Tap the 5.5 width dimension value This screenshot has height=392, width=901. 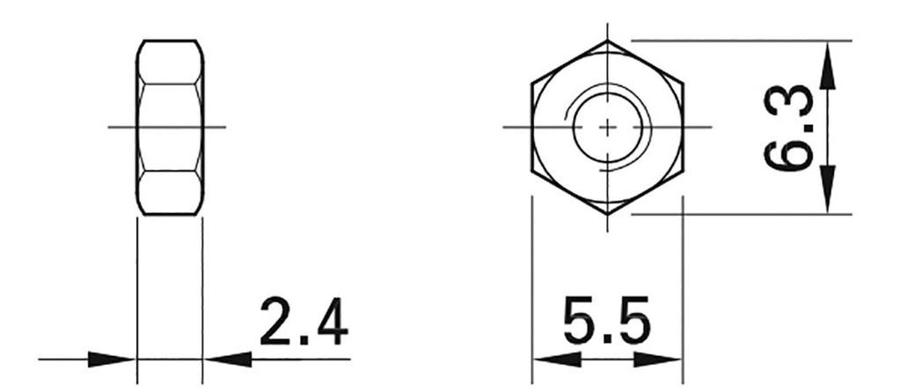(x=607, y=323)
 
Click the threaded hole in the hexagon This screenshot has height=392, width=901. (x=607, y=127)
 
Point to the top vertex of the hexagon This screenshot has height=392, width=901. (x=607, y=41)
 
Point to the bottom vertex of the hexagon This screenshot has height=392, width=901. (x=607, y=213)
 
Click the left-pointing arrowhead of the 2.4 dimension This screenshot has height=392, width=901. (x=227, y=359)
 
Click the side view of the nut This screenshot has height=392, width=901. (x=170, y=127)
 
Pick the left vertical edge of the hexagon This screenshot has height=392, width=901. (x=532, y=127)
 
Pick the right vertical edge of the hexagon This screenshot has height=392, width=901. (x=683, y=127)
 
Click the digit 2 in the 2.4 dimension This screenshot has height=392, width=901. (x=275, y=323)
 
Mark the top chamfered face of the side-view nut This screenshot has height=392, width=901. (x=170, y=62)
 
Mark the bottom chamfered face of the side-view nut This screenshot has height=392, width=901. (x=170, y=193)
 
